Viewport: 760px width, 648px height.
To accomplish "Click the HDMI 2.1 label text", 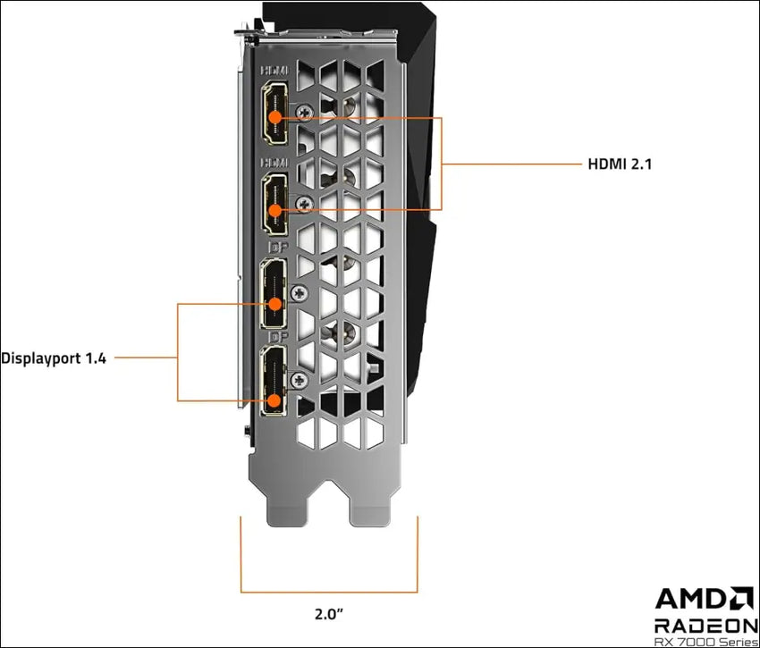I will pos(626,164).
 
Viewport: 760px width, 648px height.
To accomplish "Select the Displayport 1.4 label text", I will pos(54,358).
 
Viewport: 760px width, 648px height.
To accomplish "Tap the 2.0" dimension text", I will pos(329,614).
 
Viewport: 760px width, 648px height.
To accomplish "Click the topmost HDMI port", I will pos(274,114).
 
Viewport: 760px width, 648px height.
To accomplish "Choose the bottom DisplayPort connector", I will pos(273,381).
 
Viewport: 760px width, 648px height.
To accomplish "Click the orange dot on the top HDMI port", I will pos(276,117).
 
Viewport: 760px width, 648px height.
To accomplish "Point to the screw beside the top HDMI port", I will pos(306,114).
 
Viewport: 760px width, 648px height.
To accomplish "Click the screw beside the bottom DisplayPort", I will pos(300,380).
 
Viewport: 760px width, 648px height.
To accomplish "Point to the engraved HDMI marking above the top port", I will pos(274,69).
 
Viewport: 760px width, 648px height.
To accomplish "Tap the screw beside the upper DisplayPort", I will pos(300,290).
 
